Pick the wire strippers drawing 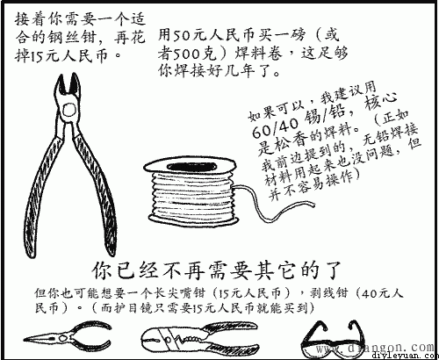180,337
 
